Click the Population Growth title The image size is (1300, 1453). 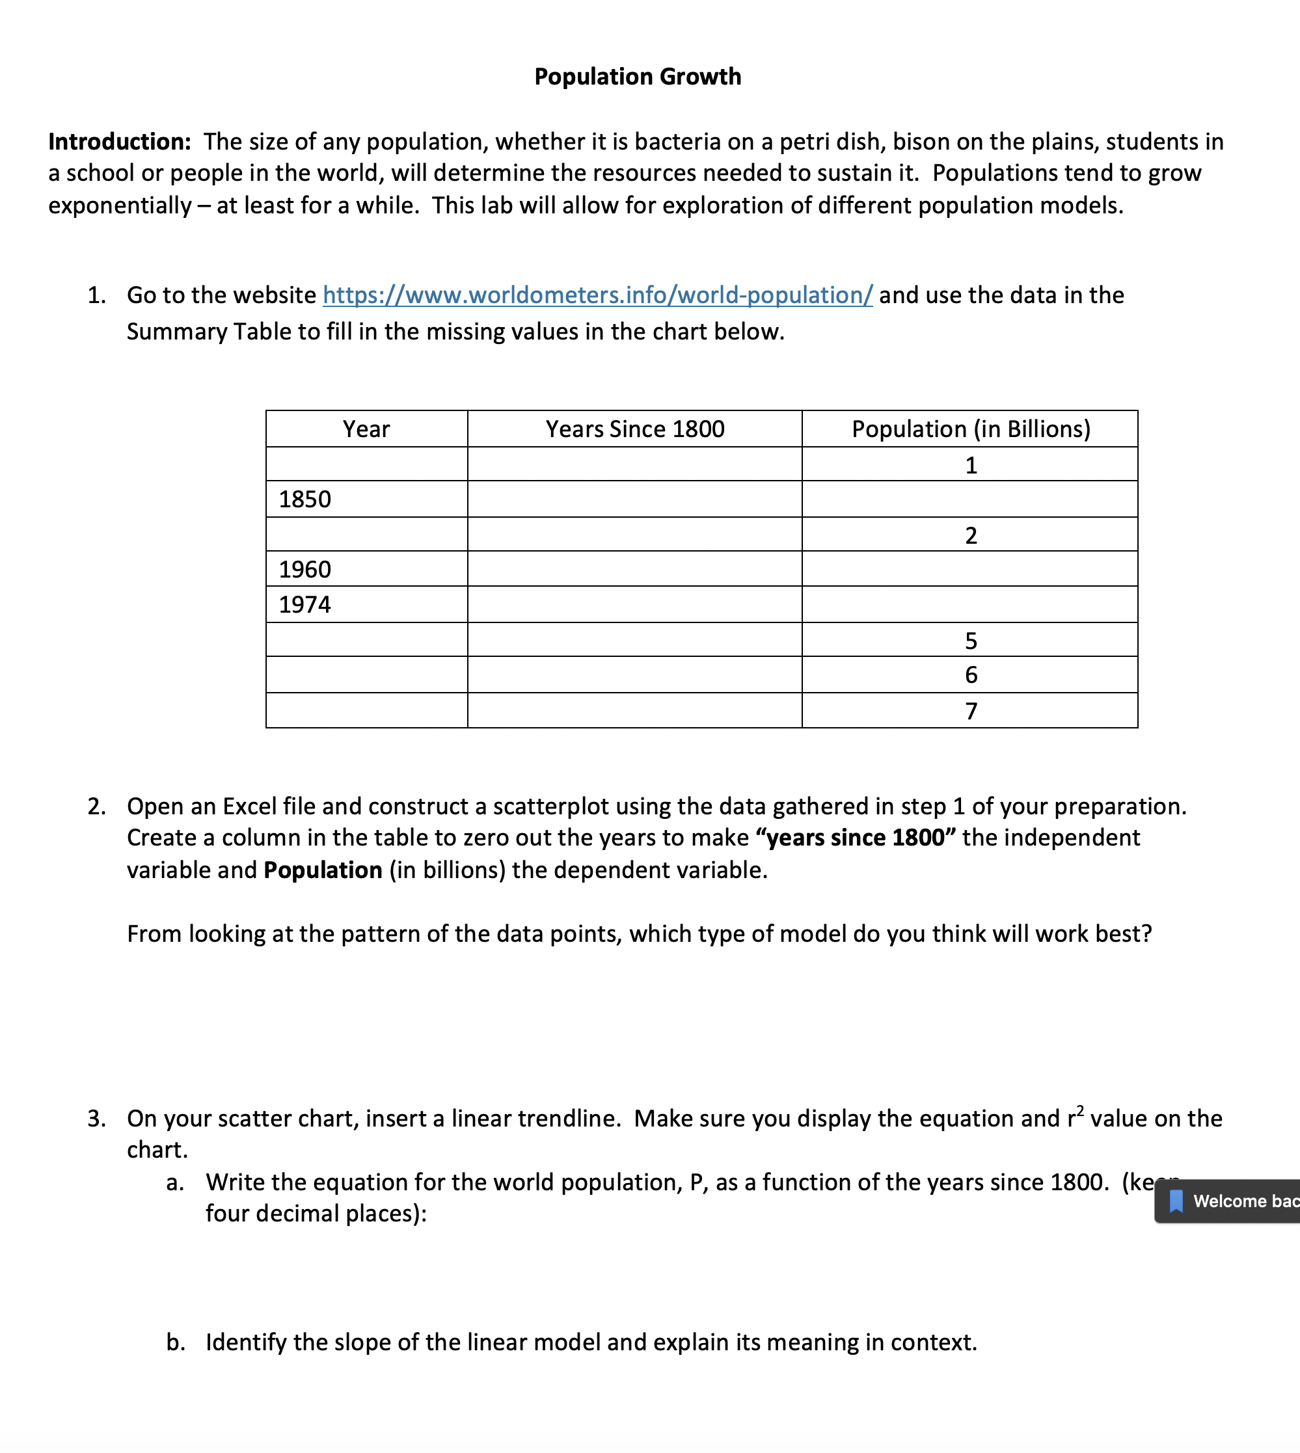(637, 76)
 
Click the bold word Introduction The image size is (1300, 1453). (118, 141)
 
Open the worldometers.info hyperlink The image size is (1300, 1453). (597, 295)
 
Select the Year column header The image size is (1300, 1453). (366, 429)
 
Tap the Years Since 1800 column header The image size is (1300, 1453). (634, 429)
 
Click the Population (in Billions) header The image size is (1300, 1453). (970, 429)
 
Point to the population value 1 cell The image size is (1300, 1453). (970, 465)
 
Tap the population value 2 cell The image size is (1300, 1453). (970, 535)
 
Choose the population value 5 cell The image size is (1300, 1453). (970, 641)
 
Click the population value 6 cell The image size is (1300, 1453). (970, 674)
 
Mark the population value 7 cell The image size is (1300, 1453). (970, 711)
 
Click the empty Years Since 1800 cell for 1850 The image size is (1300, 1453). (634, 499)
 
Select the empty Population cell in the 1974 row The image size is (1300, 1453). (970, 605)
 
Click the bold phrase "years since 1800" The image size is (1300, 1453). (860, 838)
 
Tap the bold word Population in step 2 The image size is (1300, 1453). (323, 870)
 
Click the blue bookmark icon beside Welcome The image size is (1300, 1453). (1176, 1201)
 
